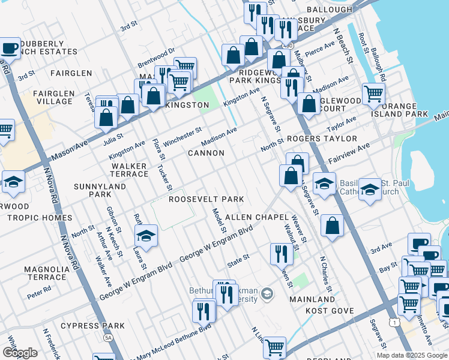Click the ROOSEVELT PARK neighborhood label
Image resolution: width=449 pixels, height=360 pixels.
pyautogui.click(x=206, y=199)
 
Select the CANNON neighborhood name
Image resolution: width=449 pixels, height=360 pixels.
pyautogui.click(x=206, y=153)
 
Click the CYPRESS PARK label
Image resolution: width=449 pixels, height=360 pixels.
pyautogui.click(x=97, y=326)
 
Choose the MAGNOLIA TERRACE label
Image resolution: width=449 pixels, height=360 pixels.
pyautogui.click(x=46, y=273)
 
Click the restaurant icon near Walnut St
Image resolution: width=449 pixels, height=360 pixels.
pyautogui.click(x=281, y=253)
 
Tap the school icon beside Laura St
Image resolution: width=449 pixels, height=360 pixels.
pyautogui.click(x=145, y=237)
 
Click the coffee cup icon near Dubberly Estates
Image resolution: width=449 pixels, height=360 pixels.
pyautogui.click(x=10, y=47)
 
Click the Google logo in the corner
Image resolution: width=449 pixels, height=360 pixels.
pyautogui.click(x=19, y=353)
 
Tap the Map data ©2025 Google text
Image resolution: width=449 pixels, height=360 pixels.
pyautogui.click(x=412, y=355)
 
